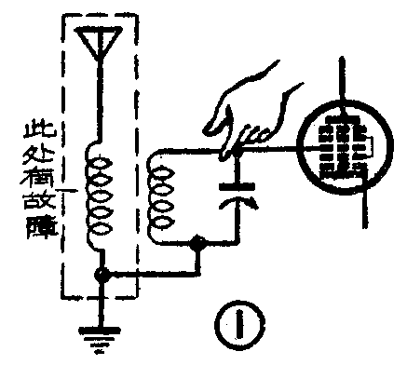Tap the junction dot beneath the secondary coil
(x=197, y=245)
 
